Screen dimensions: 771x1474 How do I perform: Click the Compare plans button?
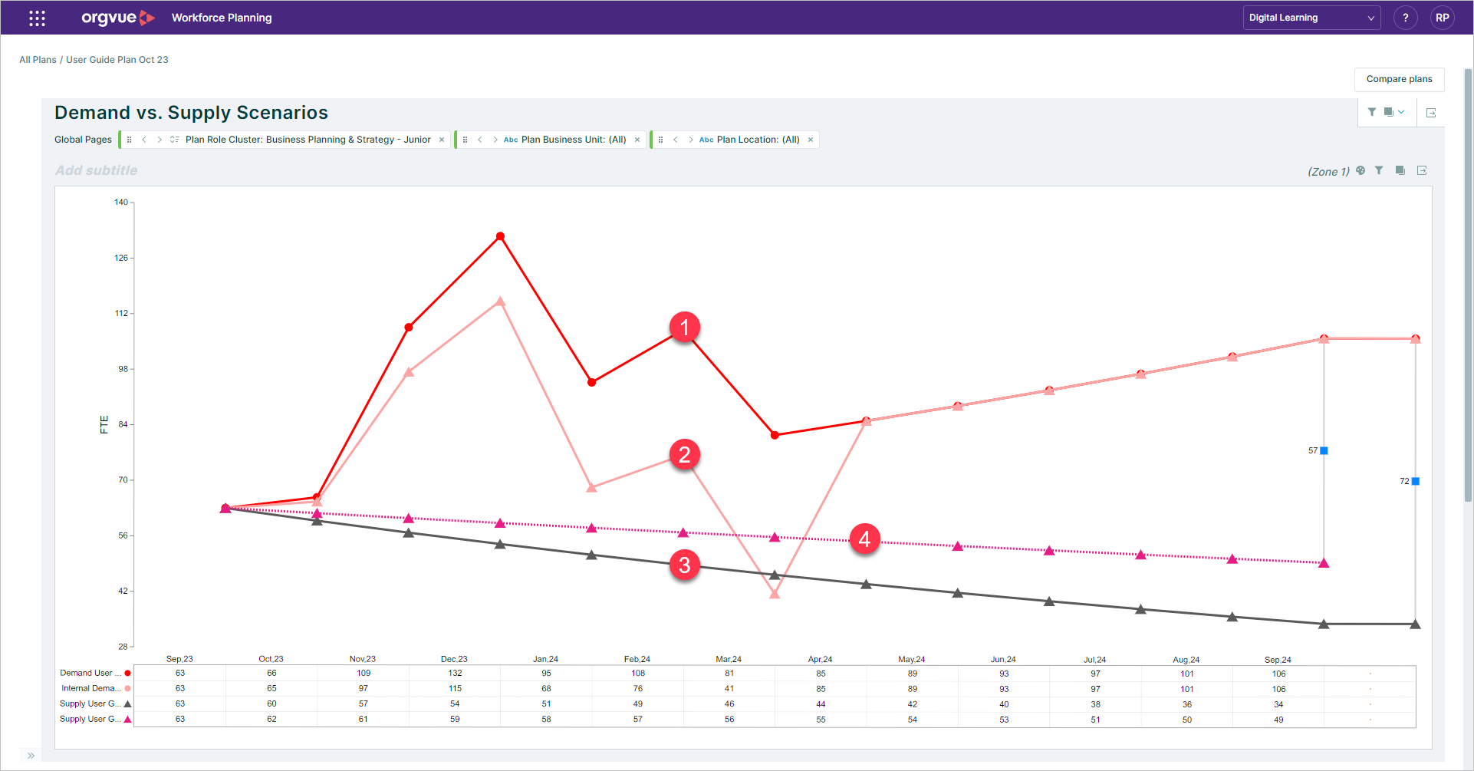[x=1399, y=79]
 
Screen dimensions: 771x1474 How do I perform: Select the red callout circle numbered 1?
[x=684, y=328]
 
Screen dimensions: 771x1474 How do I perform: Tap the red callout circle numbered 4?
[x=864, y=539]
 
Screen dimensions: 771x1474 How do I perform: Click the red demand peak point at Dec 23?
[x=500, y=236]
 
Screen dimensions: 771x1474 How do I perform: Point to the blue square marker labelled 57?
[x=1324, y=450]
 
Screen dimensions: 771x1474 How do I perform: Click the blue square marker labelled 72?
[x=1415, y=481]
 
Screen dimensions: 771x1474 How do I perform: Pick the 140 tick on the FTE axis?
[x=121, y=203]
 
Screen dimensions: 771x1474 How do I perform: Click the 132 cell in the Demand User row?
[x=455, y=673]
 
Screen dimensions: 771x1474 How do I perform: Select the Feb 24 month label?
[x=637, y=659]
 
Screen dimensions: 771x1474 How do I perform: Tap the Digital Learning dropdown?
[x=1311, y=18]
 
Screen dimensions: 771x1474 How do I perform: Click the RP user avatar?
[x=1442, y=18]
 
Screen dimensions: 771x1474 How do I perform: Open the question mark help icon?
[x=1405, y=18]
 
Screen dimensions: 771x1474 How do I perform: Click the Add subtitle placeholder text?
[x=97, y=170]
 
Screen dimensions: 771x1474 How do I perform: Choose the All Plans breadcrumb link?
[x=38, y=60]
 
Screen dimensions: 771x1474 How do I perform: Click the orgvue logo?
[x=117, y=18]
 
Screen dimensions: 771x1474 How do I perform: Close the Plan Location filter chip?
[x=811, y=140]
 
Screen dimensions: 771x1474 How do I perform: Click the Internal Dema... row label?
[x=90, y=688]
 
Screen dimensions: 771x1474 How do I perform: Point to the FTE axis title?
[x=104, y=424]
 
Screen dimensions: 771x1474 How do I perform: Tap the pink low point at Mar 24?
[x=775, y=593]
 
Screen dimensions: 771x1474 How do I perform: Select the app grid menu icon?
[x=37, y=18]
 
